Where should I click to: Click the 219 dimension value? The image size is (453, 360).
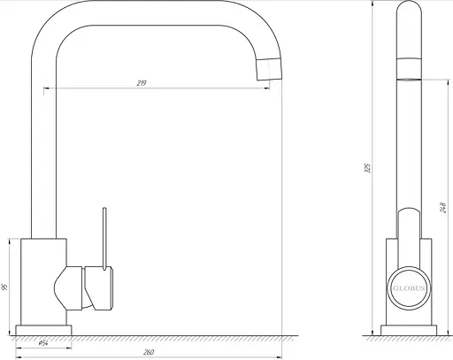(142, 83)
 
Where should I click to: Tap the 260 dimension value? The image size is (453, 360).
(149, 352)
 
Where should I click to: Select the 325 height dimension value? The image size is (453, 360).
(367, 168)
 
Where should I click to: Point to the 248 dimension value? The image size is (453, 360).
(443, 207)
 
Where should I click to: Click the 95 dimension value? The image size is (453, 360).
(4, 287)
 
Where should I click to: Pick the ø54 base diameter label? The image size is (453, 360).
(43, 343)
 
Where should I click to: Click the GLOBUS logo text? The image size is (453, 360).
(409, 288)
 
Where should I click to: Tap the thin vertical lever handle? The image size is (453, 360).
(104, 239)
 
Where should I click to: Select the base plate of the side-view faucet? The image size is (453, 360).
(409, 330)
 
